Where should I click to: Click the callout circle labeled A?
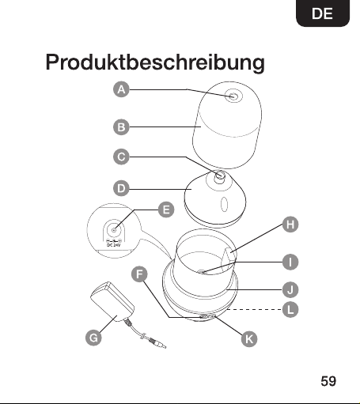coord(121,89)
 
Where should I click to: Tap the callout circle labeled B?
coord(121,127)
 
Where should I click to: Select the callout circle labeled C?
coord(121,157)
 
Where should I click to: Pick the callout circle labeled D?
coord(121,188)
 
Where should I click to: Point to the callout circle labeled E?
coord(166,210)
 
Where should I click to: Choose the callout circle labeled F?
coord(139,274)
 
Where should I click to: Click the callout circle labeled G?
coord(93,338)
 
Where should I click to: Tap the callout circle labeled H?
coord(290,225)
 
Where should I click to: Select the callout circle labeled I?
coord(290,262)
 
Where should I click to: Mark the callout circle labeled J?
coord(290,290)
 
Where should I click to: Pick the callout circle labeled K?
coord(249,339)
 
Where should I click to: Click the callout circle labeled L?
coord(290,309)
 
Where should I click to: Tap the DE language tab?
coord(323,13)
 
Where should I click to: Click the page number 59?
coord(328,381)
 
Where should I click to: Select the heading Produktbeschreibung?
coord(155,62)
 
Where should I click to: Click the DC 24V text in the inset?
coord(113,245)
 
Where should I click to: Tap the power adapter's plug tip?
coord(163,345)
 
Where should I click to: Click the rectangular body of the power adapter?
coord(112,301)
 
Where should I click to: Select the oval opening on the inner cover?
coord(224,204)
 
